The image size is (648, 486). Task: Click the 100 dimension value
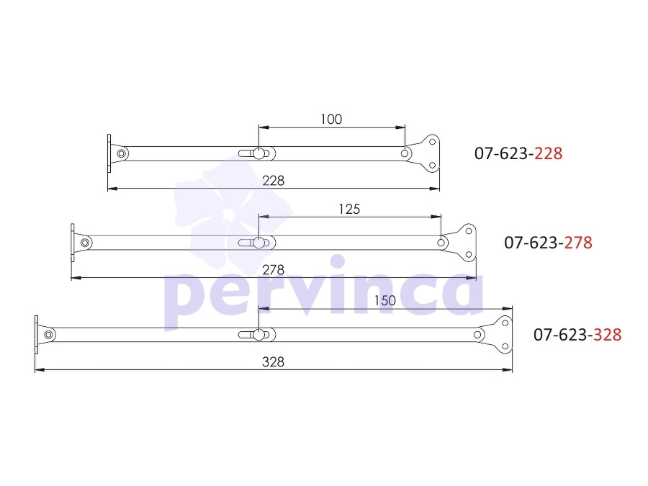(x=331, y=120)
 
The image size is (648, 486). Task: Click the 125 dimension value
(x=349, y=209)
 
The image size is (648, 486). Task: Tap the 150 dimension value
(x=384, y=300)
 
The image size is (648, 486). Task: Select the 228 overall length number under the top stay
(x=273, y=181)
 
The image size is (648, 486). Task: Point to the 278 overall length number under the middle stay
(x=273, y=270)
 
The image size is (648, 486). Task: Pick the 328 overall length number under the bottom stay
(x=273, y=362)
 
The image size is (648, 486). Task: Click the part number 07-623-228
(x=518, y=153)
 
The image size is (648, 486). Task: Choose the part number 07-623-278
(x=548, y=243)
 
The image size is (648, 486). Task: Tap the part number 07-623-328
(x=577, y=335)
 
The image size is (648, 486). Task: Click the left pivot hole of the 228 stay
(x=122, y=154)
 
